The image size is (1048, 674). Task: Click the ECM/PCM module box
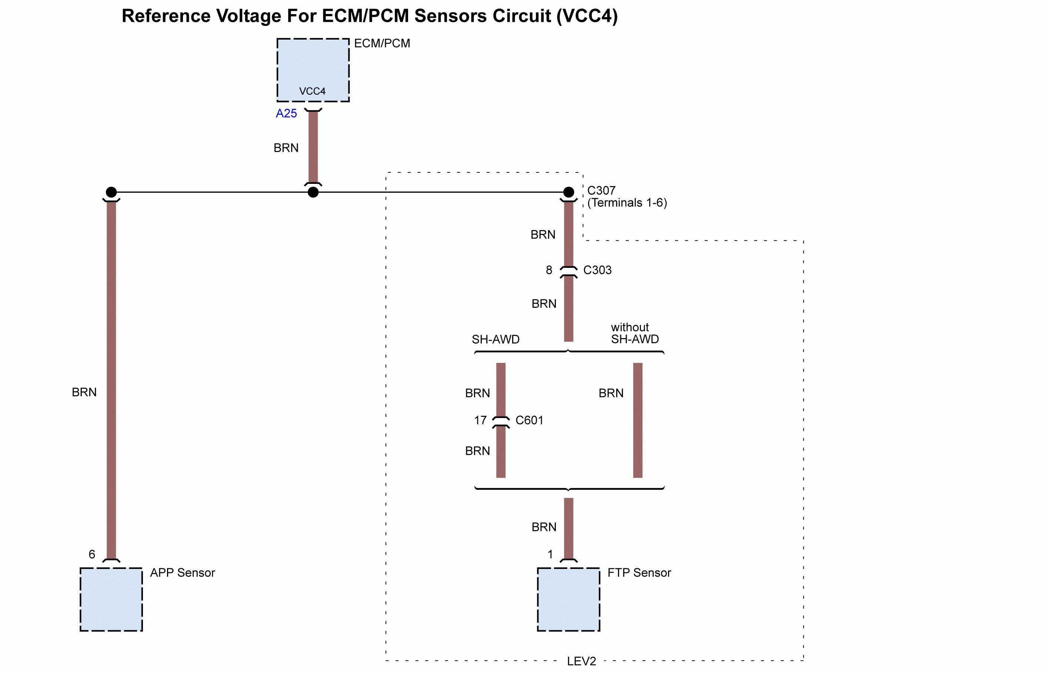coord(313,65)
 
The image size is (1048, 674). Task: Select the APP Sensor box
coord(111,599)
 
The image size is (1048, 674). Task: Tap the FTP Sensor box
coord(568,599)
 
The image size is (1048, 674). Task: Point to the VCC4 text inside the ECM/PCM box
coord(313,91)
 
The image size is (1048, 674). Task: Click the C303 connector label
coord(597,270)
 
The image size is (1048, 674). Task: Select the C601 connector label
coord(529,420)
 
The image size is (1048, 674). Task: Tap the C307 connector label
coord(601,191)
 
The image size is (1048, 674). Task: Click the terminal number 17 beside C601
coord(480,420)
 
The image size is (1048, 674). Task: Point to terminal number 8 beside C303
coord(549,270)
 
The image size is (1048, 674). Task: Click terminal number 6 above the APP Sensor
coord(92,554)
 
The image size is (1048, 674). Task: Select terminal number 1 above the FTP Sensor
coord(550,554)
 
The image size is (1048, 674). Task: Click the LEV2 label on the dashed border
coord(581,661)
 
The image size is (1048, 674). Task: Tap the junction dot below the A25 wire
coord(313,192)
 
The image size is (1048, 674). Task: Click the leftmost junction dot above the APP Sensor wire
coord(111,192)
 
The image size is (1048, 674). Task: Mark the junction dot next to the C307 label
coord(568,192)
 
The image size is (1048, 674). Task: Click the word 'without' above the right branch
coord(630,327)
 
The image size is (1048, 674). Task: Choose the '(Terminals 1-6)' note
coord(627,203)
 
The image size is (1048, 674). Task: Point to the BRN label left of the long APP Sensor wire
coord(84,392)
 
